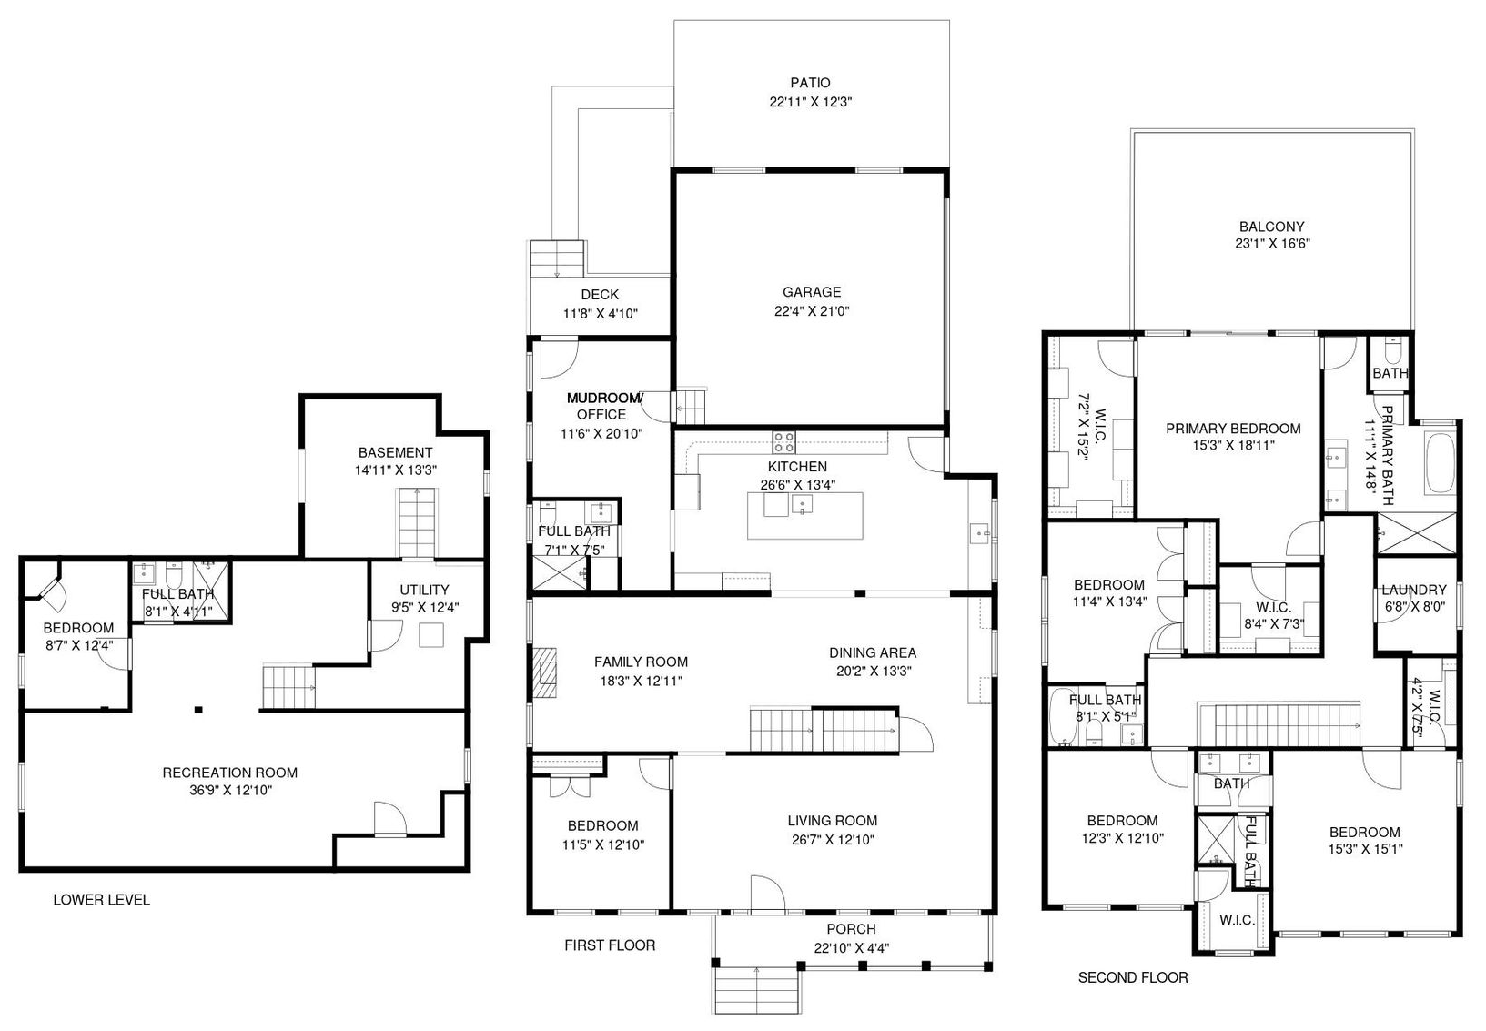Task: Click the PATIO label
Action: click(810, 83)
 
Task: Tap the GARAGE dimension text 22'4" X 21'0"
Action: click(812, 311)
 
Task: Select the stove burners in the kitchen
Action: click(783, 442)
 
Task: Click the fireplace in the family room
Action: click(545, 672)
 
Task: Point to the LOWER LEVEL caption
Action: click(102, 900)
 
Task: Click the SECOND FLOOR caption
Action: click(1132, 977)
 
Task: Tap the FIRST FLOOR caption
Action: click(610, 945)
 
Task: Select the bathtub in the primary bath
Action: click(1440, 463)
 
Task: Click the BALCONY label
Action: click(1272, 227)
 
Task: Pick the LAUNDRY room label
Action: click(1414, 590)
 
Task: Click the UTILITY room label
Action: click(424, 590)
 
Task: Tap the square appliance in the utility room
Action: click(431, 635)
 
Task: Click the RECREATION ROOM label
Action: click(229, 773)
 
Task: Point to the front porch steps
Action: click(755, 990)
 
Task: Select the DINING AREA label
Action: click(873, 652)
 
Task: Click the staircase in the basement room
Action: click(417, 523)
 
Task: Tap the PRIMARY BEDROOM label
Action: click(1233, 429)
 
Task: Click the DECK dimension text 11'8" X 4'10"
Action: click(600, 314)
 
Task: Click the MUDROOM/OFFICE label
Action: click(602, 406)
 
